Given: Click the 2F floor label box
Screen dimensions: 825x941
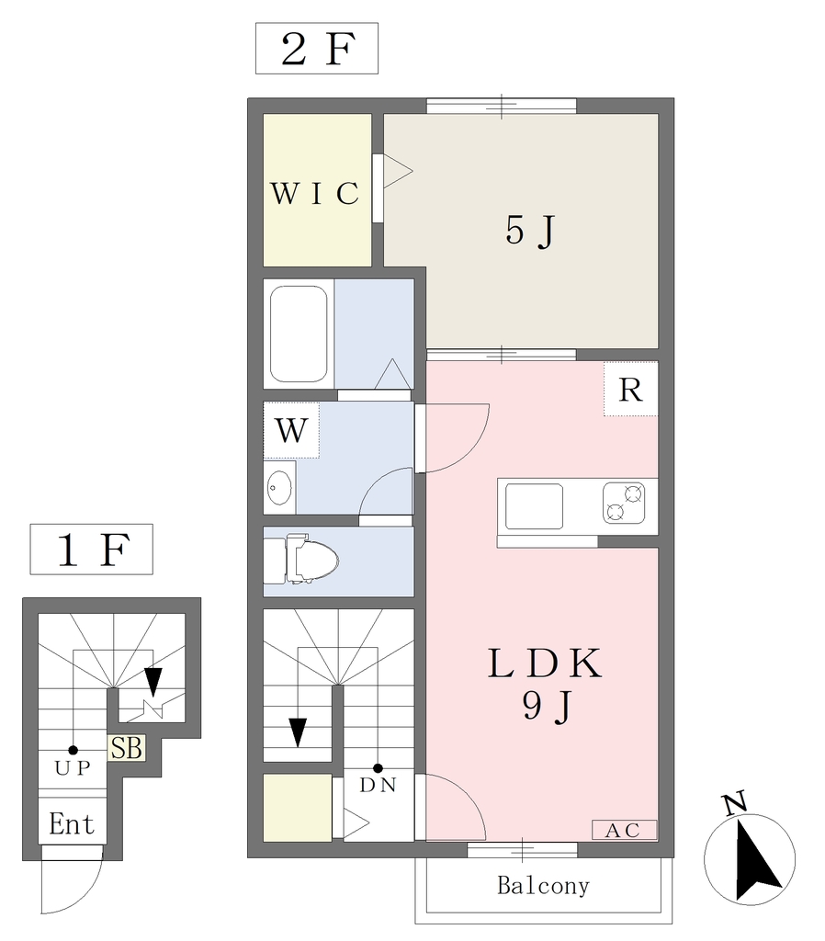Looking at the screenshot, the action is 317,49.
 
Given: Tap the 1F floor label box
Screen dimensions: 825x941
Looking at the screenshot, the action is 91,550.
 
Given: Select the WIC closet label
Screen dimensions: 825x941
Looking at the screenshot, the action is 315,193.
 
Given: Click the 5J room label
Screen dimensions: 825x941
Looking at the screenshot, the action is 530,231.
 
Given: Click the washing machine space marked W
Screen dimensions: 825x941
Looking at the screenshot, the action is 291,430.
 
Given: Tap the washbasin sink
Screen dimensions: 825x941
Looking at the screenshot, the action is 279,487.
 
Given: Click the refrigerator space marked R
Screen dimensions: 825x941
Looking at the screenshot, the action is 630,389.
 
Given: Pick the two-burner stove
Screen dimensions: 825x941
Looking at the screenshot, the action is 624,503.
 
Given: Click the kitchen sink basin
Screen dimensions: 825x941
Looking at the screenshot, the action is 534,506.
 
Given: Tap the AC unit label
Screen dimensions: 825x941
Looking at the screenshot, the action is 624,830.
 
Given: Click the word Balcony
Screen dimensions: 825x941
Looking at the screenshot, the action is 544,886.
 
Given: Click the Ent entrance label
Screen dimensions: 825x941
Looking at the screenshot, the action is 72,824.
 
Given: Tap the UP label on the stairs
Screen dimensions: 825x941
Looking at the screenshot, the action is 73,768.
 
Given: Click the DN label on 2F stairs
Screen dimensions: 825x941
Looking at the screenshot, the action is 378,785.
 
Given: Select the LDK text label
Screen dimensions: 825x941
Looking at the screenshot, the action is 545,663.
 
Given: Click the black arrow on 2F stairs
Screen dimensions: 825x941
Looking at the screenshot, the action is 298,732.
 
